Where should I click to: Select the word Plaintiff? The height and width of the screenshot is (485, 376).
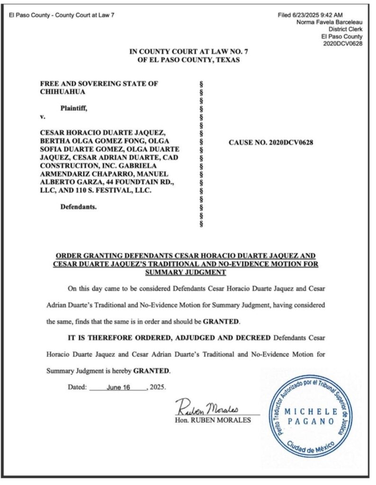pyautogui.click(x=73, y=108)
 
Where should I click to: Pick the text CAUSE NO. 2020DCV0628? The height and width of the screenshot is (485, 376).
pyautogui.click(x=271, y=142)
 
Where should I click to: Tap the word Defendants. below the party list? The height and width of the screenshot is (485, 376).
pyautogui.click(x=79, y=207)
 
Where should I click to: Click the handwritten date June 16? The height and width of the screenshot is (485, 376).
pyautogui.click(x=119, y=387)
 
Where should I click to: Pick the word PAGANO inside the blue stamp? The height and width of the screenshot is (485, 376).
pyautogui.click(x=311, y=421)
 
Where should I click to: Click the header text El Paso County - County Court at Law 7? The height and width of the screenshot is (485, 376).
pyautogui.click(x=62, y=15)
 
